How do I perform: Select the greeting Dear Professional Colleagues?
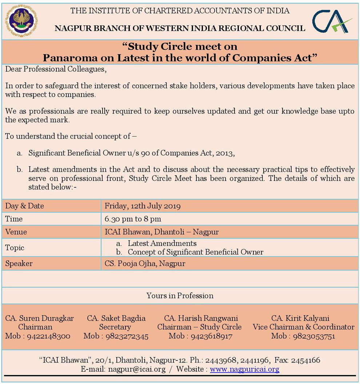click(56, 69)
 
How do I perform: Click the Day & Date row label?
click(24, 206)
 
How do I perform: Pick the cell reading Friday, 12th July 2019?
click(143, 206)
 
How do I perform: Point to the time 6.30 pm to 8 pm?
click(133, 219)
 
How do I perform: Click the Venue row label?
click(16, 232)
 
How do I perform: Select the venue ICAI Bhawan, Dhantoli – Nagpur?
click(161, 232)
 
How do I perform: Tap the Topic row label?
click(15, 248)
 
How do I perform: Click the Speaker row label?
click(19, 263)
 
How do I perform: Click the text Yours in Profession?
click(180, 296)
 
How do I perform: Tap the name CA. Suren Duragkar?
click(40, 318)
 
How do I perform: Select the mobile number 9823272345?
click(127, 336)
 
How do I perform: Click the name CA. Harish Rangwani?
click(201, 318)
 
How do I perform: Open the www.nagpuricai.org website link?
click(244, 369)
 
